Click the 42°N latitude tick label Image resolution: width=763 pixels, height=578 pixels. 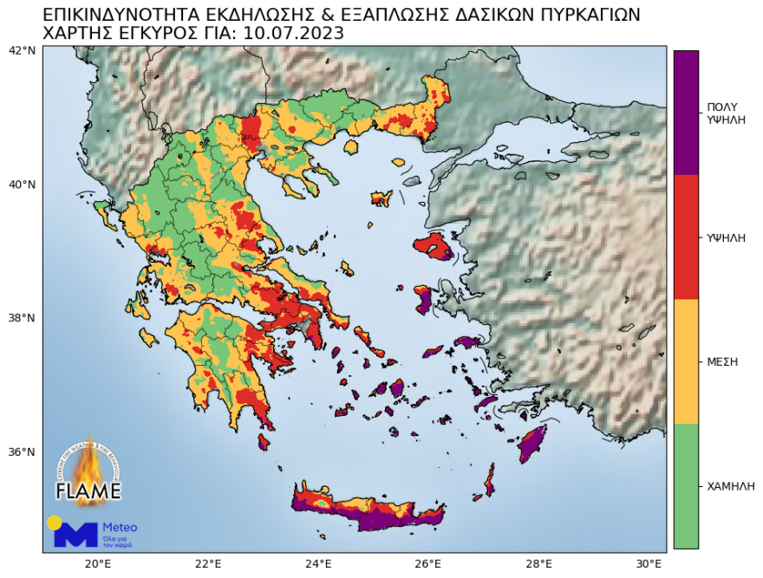[x=23, y=50]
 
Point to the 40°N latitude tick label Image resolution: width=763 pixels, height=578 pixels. [x=23, y=185]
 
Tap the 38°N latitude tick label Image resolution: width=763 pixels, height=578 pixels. [x=23, y=318]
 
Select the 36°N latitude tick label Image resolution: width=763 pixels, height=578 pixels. [x=23, y=452]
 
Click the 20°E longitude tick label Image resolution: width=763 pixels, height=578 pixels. [x=97, y=563]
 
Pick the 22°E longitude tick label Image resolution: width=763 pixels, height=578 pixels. [x=207, y=563]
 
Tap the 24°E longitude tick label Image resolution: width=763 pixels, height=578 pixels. [x=317, y=563]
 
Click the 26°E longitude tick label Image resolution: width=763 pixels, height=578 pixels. [x=427, y=563]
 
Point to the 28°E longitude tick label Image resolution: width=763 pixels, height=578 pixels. [x=538, y=563]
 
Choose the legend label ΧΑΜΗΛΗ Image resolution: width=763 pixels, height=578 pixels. [x=730, y=486]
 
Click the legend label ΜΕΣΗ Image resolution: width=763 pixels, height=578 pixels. [x=722, y=361]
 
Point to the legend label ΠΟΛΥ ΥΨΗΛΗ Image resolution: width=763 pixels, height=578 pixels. [x=727, y=113]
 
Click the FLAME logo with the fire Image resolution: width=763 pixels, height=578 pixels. [x=88, y=472]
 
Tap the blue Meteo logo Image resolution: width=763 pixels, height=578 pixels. [x=93, y=532]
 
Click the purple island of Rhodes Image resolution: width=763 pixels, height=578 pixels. [x=531, y=444]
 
